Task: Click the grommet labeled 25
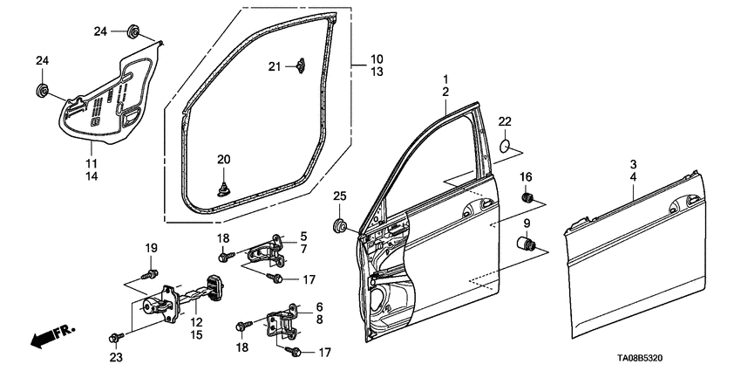(x=341, y=227)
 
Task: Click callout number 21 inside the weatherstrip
(x=274, y=66)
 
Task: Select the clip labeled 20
(x=225, y=185)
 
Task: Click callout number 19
(x=150, y=247)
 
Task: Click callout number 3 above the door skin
(x=634, y=164)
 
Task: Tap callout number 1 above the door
(x=445, y=79)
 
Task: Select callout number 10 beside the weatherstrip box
(x=377, y=59)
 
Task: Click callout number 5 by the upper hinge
(x=304, y=237)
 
